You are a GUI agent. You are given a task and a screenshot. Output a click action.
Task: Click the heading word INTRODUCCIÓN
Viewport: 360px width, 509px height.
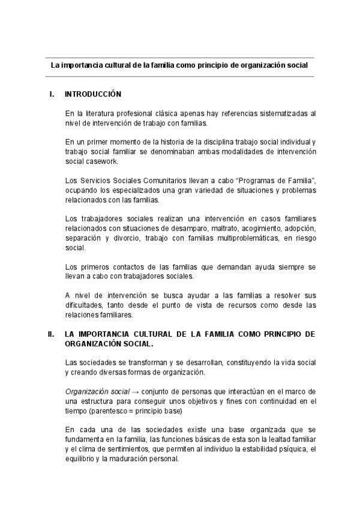[93, 94]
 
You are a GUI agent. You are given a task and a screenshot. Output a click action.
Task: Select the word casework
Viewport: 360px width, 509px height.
[100, 161]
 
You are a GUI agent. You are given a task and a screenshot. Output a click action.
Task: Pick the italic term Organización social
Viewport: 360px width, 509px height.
[97, 392]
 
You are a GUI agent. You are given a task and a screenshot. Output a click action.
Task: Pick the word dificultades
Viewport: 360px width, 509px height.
[85, 306]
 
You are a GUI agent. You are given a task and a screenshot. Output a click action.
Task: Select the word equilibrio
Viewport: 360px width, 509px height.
[79, 459]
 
